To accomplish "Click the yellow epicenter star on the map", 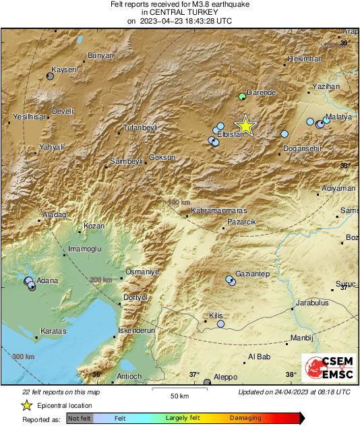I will [x=246, y=125].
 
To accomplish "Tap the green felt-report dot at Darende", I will [x=241, y=96].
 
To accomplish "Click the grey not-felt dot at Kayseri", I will [x=50, y=76].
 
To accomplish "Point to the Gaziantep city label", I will [x=252, y=274].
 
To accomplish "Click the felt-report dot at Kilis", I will [x=220, y=324].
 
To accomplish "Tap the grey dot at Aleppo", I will [x=207, y=383].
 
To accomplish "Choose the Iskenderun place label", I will [x=136, y=331].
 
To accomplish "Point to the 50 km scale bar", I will [x=179, y=390].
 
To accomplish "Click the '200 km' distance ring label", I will [x=102, y=280].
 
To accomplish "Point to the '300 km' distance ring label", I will [x=23, y=356].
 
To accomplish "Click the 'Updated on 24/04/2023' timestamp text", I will [x=294, y=392].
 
